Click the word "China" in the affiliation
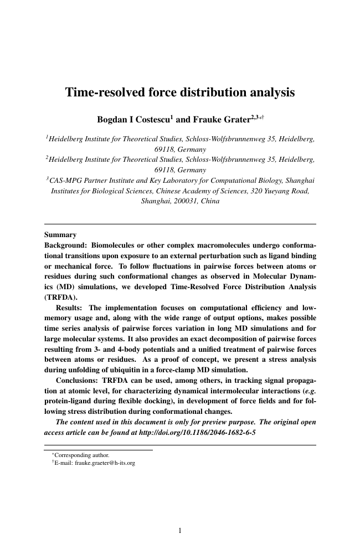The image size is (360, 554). tap(210, 202)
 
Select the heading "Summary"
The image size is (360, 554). tap(60, 235)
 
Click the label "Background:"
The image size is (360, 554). tap(65, 245)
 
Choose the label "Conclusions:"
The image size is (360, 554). tap(81, 391)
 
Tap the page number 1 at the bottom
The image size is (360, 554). tap(180, 531)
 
